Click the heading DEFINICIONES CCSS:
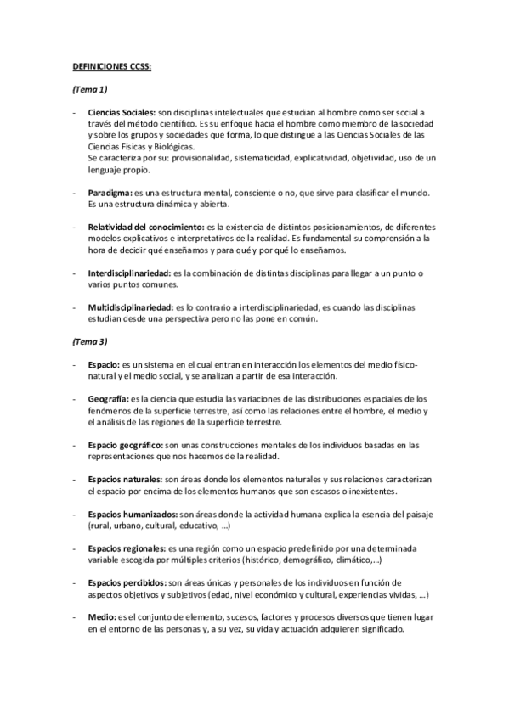(110, 64)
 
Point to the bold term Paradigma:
(110, 194)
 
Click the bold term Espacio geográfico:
(127, 444)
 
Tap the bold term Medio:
(101, 617)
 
